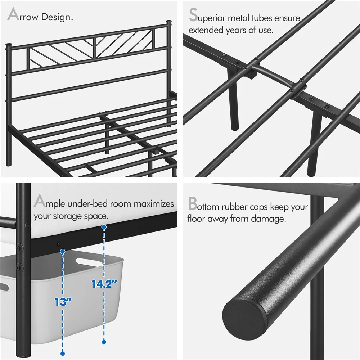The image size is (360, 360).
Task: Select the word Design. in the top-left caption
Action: (x=58, y=17)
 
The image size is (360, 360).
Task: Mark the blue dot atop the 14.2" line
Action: (x=104, y=228)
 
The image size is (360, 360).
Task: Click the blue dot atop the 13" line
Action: (x=63, y=251)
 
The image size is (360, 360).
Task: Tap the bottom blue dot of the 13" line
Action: (x=63, y=353)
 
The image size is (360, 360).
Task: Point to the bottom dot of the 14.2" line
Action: (x=104, y=341)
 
